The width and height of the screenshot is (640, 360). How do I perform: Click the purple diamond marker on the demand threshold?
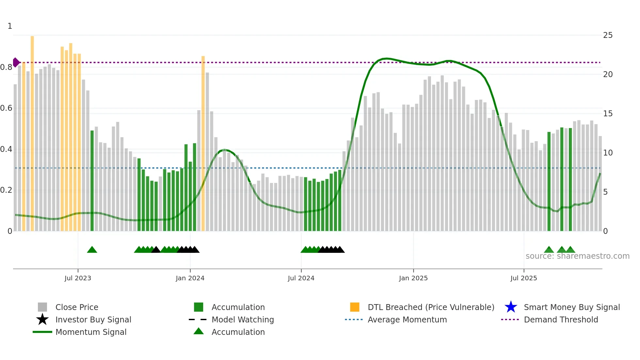pos(16,62)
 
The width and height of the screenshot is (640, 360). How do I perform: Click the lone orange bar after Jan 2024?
pos(203,144)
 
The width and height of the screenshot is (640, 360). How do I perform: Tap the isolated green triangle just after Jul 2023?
pos(92,250)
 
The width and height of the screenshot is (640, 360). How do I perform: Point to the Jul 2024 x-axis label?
pos(301,278)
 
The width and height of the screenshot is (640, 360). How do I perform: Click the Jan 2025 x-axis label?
pos(413,278)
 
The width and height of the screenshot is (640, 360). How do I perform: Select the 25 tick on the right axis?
pos(608,35)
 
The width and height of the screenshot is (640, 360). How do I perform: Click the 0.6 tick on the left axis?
pos(7,108)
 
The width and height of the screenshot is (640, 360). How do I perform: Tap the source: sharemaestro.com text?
pos(577,256)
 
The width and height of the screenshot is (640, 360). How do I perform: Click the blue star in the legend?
pos(511,307)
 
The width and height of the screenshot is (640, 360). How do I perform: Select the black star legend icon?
pos(42,319)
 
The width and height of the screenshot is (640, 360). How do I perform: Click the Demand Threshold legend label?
pos(561,319)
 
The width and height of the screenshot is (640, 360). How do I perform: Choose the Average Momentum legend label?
pos(407,319)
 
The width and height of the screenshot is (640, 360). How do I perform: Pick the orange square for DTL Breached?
pos(355,307)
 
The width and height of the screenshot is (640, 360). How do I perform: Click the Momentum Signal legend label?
pos(91,332)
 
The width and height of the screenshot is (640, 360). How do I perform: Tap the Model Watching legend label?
pos(243,319)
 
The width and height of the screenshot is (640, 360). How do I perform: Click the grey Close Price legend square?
pos(42,307)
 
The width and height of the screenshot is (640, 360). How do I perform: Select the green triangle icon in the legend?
pos(199,332)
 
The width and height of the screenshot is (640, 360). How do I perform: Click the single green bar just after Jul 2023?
pos(92,181)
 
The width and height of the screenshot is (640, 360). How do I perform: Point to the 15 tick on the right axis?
pos(608,114)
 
